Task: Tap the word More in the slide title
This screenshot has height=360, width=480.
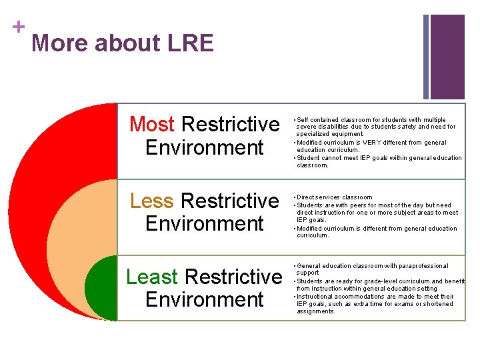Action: tap(60, 43)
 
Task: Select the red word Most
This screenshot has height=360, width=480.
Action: tap(152, 124)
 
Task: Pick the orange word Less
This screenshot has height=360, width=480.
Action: tap(152, 200)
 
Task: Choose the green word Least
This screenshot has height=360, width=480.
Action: tap(151, 276)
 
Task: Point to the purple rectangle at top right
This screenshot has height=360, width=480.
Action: tap(447, 57)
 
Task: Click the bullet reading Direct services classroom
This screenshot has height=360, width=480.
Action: tap(335, 197)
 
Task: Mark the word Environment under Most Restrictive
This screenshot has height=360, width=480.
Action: tap(205, 147)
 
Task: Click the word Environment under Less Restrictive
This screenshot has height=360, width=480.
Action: tap(205, 223)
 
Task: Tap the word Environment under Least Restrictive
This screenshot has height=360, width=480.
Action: tap(205, 299)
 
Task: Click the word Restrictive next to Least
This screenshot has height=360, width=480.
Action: tap(233, 276)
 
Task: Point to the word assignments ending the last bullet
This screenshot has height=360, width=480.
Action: tap(316, 311)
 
